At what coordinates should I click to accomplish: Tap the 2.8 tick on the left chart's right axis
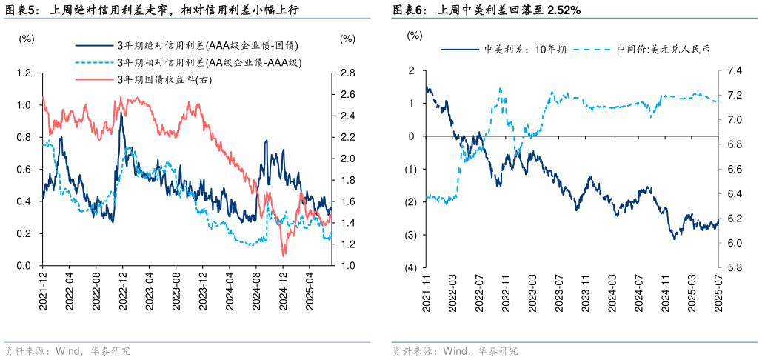347,73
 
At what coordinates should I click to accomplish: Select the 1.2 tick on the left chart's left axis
24,73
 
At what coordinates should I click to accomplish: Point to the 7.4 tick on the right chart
735,70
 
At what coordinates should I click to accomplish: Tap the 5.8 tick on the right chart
735,267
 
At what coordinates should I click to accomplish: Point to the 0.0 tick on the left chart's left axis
24,266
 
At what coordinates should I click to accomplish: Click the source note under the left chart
67,350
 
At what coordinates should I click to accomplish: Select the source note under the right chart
454,350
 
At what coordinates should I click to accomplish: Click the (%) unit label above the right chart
415,35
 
